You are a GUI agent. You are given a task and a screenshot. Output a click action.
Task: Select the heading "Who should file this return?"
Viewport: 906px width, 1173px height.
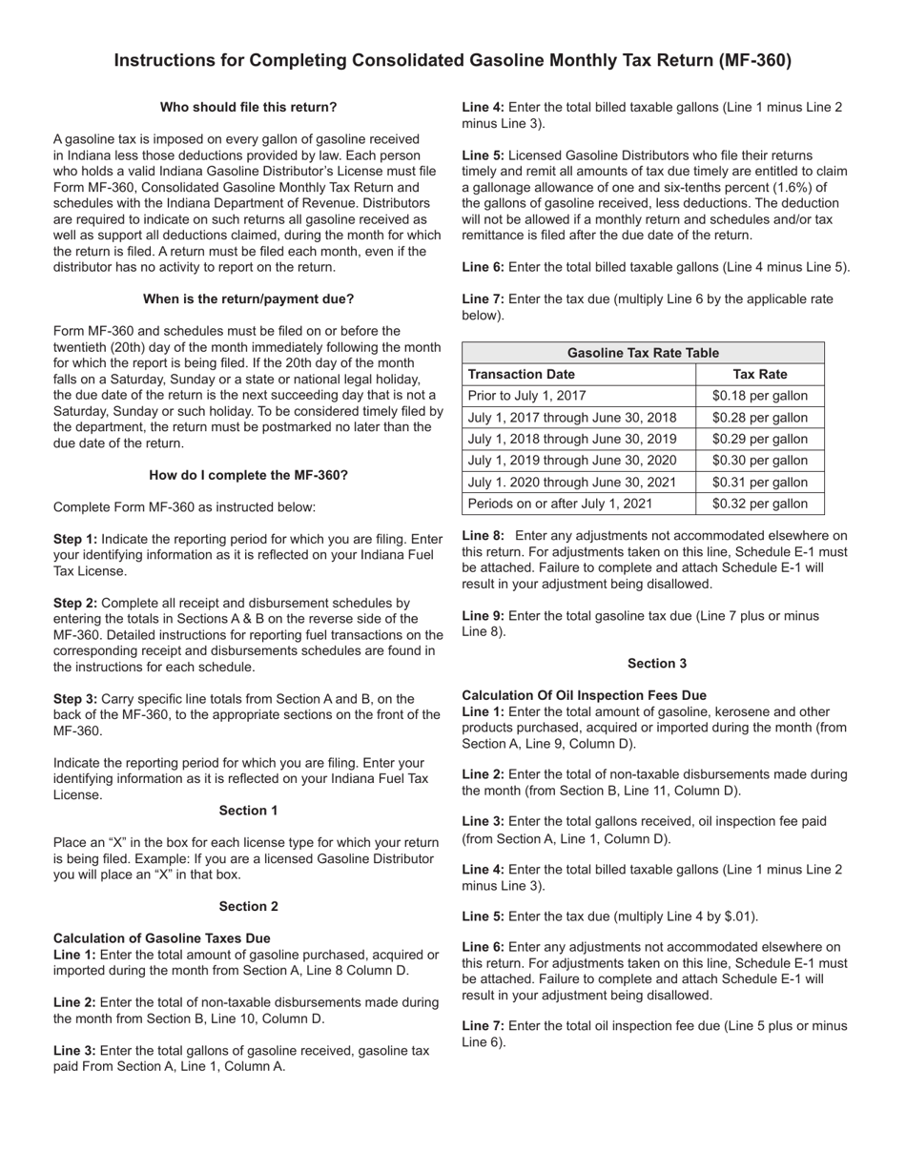248,107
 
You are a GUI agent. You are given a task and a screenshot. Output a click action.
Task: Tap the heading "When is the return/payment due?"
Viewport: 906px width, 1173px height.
248,298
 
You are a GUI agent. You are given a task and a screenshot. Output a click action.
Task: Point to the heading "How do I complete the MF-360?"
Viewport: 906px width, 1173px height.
248,475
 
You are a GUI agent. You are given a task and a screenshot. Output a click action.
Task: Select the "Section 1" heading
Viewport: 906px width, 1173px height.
248,811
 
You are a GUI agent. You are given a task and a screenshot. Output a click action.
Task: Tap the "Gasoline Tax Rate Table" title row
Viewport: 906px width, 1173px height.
643,353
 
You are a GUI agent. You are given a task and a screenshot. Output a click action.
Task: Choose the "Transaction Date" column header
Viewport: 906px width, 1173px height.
522,374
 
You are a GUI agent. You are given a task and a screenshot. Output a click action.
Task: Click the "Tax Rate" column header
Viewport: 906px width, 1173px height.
759,374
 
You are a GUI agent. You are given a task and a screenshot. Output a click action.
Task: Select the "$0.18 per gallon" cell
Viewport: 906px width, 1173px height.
759,396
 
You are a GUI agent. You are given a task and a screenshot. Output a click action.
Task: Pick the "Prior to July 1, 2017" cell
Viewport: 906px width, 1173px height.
526,396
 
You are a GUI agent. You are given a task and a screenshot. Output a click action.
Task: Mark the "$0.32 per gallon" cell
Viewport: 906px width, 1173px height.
759,504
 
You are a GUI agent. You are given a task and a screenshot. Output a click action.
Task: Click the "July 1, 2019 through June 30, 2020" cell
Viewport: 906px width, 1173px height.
572,461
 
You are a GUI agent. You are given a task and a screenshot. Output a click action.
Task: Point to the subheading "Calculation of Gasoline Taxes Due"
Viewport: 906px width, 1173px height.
161,938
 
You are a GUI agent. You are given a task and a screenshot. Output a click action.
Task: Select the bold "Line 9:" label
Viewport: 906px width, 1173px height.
483,616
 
